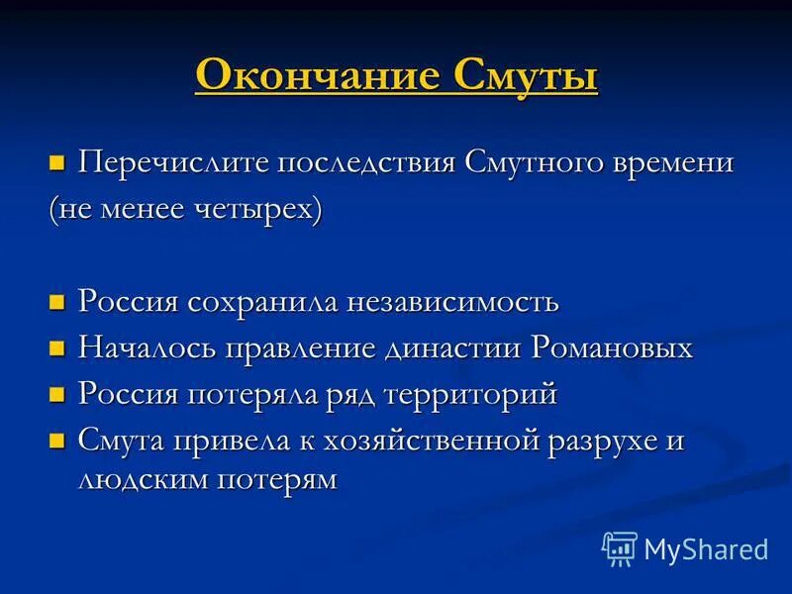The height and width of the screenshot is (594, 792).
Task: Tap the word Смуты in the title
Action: (527, 76)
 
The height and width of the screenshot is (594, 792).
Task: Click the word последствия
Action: (366, 162)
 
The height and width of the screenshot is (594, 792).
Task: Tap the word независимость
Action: (451, 301)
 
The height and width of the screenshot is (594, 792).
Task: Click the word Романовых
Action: (612, 347)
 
